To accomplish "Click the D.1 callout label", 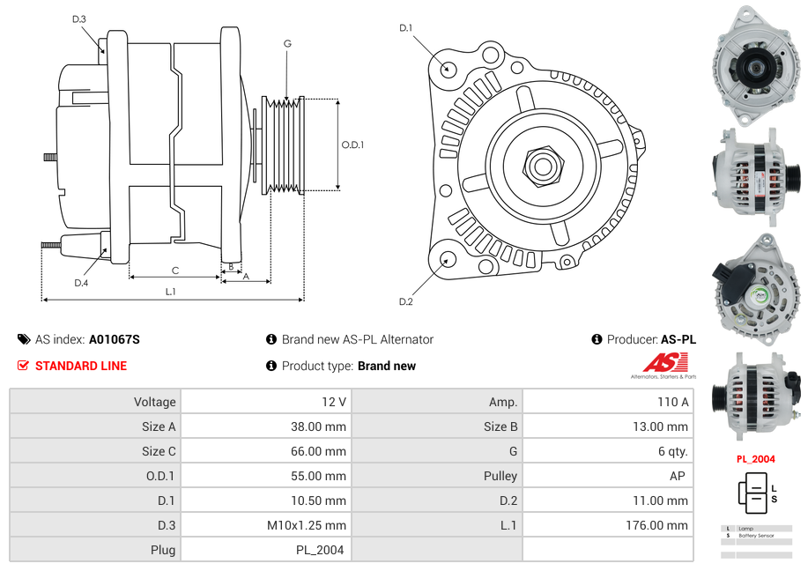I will pos(405,28).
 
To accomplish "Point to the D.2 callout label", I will pos(405,302).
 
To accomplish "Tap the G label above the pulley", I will pos(287,43).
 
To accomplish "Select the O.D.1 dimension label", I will pos(352,145).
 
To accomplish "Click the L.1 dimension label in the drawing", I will pos(171,292).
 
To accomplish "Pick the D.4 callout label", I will pos(81,283).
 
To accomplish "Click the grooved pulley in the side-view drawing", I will pos(284,145).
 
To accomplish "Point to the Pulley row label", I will pos(500,476).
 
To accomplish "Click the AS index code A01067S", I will pos(114,339).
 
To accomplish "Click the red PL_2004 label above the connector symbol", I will pos(755,459).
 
